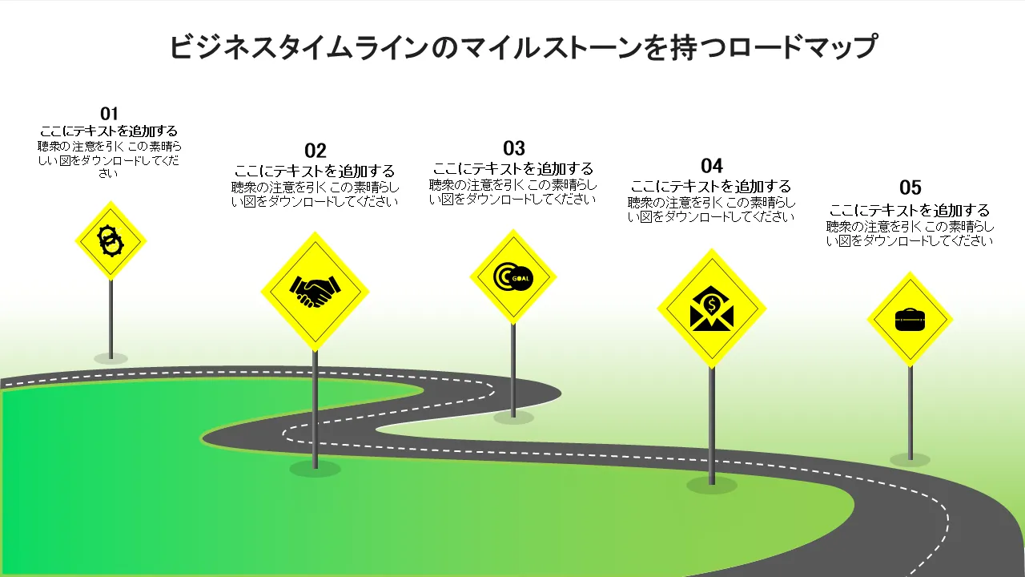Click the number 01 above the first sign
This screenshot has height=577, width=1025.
point(109,113)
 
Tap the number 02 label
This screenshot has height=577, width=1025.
point(316,151)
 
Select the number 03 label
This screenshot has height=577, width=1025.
point(514,148)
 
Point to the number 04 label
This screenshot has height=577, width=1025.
point(712,166)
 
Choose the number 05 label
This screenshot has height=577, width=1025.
point(910,188)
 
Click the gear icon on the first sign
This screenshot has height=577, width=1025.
point(110,240)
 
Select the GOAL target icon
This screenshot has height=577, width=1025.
point(512,276)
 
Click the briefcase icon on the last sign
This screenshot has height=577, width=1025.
point(910,320)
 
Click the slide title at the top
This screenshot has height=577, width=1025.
point(524,47)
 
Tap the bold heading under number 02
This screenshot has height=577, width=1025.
point(315,171)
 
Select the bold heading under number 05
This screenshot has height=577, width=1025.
point(910,210)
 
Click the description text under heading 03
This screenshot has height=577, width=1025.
point(513,192)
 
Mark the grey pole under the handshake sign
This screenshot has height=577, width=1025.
point(315,409)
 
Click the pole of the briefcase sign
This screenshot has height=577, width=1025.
point(910,413)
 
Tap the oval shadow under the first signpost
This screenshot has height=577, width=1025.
point(111,357)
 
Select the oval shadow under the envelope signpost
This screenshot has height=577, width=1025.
point(712,484)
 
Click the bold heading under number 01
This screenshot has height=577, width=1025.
point(109,131)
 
